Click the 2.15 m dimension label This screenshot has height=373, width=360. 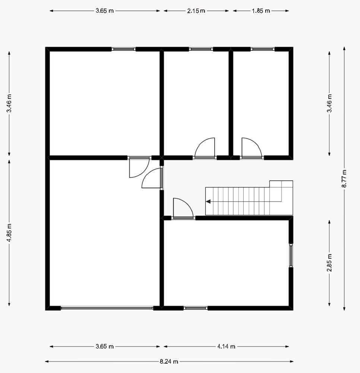tap(196, 11)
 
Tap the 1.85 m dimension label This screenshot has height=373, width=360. tap(261, 11)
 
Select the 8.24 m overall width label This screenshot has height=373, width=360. tap(169, 361)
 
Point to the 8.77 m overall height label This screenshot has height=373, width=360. tap(344, 179)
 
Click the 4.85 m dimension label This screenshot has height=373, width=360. tap(9, 233)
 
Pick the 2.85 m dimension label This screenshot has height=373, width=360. tap(329, 263)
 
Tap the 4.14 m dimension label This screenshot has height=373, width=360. tap(226, 347)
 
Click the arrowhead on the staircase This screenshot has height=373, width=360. tap(208, 201)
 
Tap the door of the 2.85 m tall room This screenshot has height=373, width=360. tap(183, 208)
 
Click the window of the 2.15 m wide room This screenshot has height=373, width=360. tap(201, 49)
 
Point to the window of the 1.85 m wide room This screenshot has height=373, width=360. tap(263, 49)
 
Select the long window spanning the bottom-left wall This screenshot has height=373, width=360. tap(107, 308)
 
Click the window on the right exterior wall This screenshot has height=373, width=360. tap(291, 256)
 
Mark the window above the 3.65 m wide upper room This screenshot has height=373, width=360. tap(124, 49)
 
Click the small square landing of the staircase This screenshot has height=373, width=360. tap(281, 184)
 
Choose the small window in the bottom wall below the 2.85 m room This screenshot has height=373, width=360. tap(196, 308)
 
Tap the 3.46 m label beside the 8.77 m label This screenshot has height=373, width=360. tap(329, 103)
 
